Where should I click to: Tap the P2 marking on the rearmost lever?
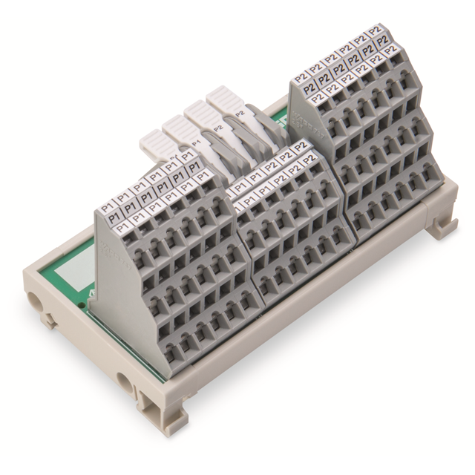pos(239,114)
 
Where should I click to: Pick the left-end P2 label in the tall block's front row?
pos(317,96)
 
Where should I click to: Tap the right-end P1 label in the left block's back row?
pos(189,157)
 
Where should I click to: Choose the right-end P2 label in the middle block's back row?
pos(301,147)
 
